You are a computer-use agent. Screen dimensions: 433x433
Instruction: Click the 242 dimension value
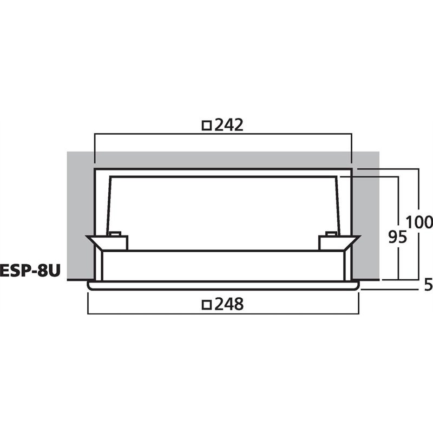click(229, 125)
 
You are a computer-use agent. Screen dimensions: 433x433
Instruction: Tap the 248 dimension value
click(229, 304)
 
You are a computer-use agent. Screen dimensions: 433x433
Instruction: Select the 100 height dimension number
click(419, 222)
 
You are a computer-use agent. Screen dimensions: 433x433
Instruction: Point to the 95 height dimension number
click(398, 237)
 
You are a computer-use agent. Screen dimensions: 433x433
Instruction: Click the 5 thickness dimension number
click(428, 285)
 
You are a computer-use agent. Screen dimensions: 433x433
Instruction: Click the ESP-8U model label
click(30, 271)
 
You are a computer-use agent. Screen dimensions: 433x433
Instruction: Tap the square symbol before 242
click(207, 126)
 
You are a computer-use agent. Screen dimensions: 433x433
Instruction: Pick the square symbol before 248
click(207, 305)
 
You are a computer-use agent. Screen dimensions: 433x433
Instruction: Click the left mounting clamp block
click(115, 242)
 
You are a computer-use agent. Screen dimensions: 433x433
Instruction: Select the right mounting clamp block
click(331, 242)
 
